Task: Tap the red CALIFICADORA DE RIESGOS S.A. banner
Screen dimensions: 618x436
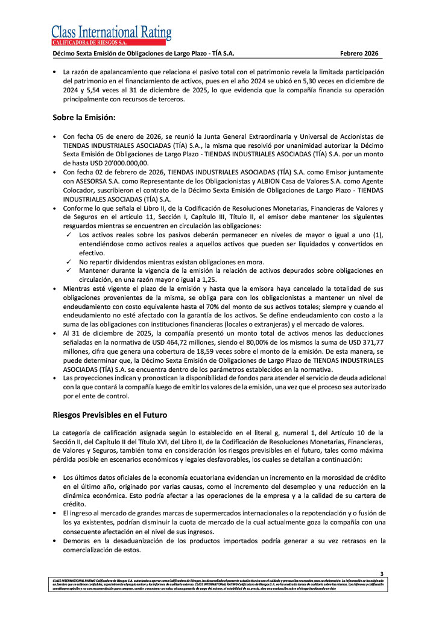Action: pos(108,42)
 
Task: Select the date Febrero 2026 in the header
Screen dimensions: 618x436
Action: pos(359,54)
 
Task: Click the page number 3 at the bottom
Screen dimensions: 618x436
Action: pos(381,573)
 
